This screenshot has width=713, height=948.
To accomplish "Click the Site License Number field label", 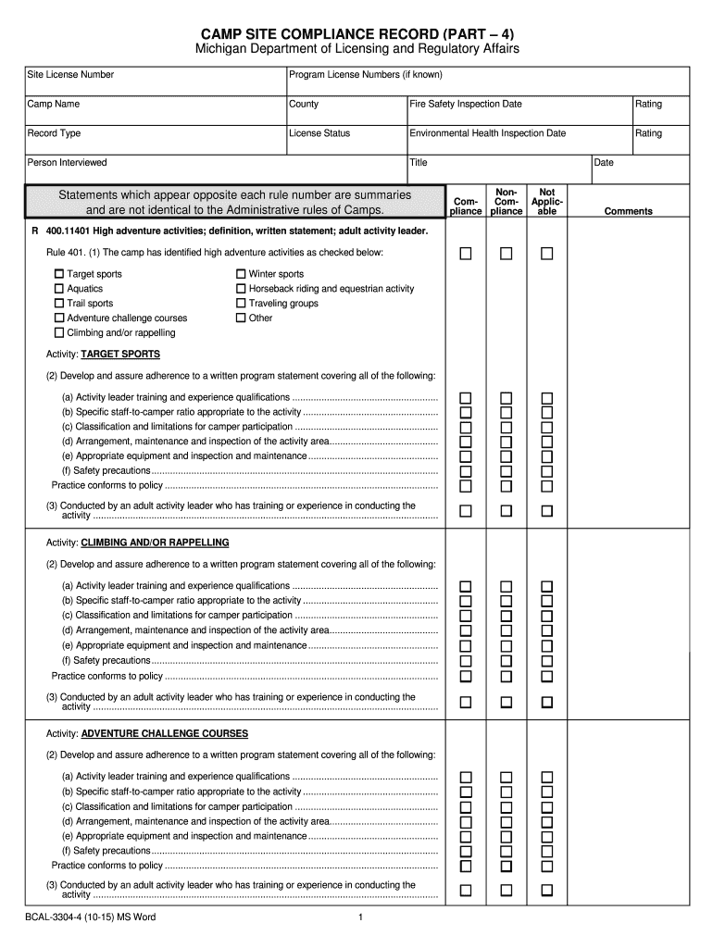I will coord(70,75).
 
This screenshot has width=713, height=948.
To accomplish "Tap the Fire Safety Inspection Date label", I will coord(466,105).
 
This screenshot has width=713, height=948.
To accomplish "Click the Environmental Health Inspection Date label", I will coord(488,133).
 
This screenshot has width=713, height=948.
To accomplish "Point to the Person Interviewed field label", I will coord(67,163).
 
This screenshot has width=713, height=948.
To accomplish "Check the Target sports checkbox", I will coord(59,274).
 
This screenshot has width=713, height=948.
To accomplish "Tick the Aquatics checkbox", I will coord(59,289).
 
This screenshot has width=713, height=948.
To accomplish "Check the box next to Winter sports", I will coord(241,274).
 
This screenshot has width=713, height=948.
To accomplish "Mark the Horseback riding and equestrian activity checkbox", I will coord(241,289).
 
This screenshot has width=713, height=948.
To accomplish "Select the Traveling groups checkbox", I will coord(241,304).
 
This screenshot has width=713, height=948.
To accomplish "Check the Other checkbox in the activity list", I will coord(241,318).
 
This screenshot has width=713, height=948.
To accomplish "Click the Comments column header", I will coord(628,211).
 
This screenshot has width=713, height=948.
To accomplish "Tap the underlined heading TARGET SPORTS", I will coord(120,355).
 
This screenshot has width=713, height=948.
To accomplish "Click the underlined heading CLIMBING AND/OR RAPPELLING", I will coord(155,543).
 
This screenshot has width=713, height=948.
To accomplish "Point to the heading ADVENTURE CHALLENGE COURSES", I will coord(165,734).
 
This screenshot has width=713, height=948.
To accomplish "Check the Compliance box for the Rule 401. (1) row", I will coord(467,253).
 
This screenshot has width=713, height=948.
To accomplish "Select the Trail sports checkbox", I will coord(59,304).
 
